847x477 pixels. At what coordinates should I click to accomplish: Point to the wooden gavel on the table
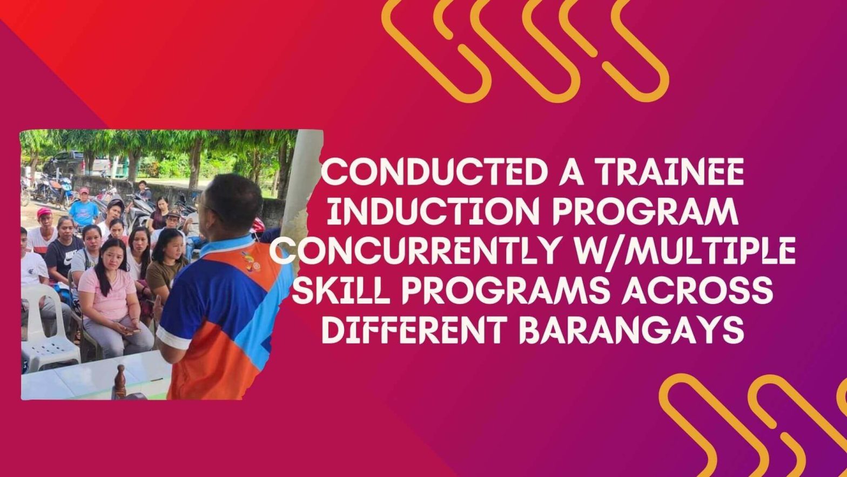pos(120,381)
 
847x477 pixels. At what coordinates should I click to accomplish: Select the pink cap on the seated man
pos(44,212)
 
